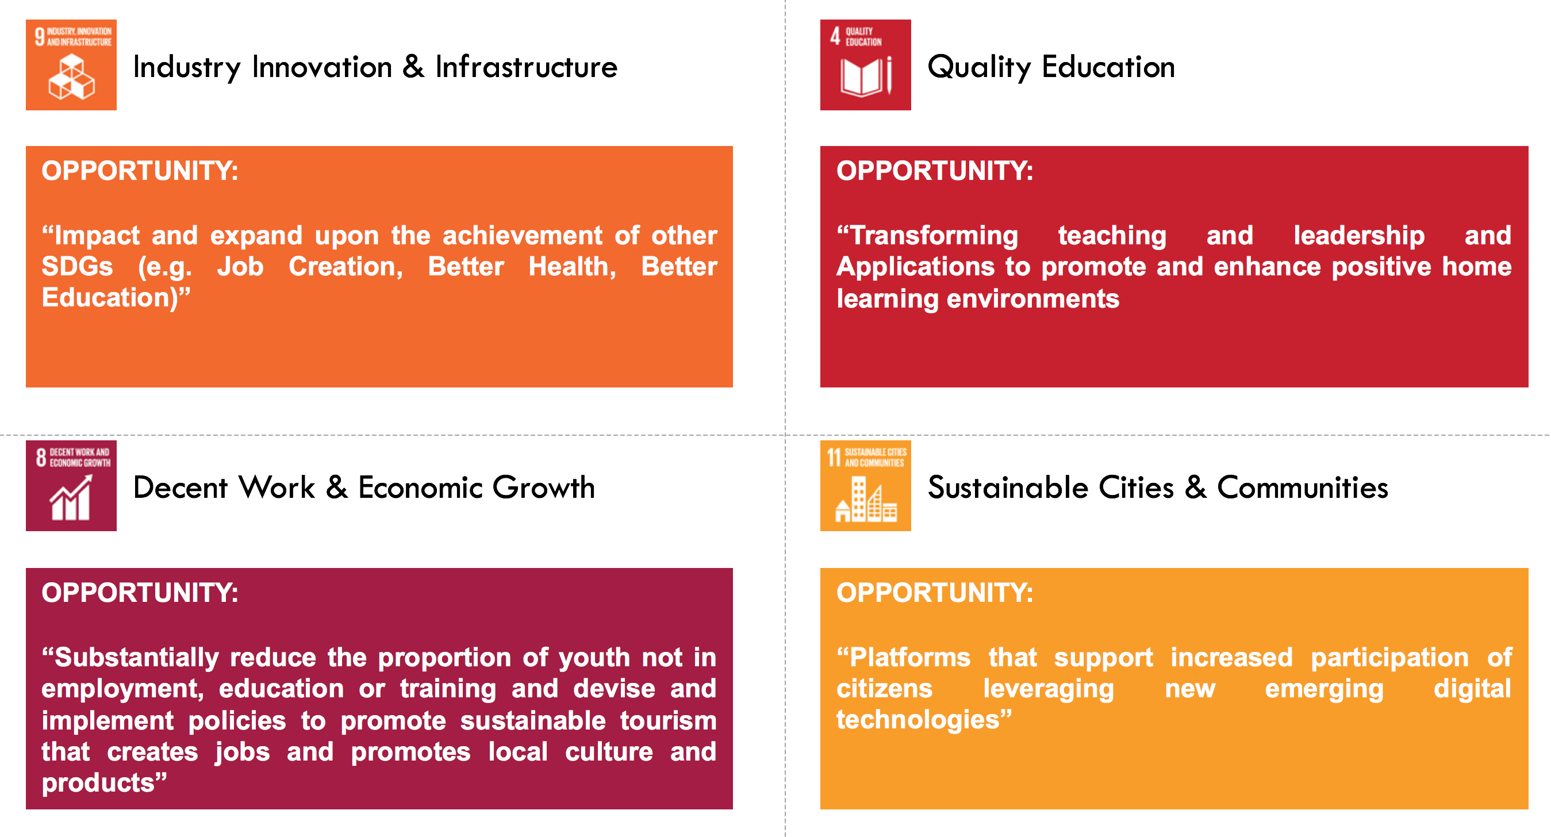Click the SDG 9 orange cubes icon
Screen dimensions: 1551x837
(71, 64)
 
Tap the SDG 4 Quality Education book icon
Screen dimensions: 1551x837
(865, 64)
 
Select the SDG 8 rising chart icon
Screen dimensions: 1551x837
(71, 485)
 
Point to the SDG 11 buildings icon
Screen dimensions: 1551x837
(865, 485)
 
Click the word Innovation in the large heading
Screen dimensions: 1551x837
(322, 67)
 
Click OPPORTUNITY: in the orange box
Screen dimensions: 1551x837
(140, 171)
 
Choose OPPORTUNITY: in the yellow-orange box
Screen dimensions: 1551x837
(935, 593)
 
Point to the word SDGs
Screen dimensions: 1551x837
(77, 267)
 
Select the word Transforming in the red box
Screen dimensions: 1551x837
(927, 236)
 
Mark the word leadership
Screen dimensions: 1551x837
(1359, 236)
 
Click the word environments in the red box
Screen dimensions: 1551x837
(1032, 300)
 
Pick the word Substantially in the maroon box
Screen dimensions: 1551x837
(130, 658)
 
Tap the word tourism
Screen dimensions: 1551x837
(668, 721)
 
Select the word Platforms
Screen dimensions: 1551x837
(903, 658)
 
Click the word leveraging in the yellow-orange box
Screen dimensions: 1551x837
(1048, 689)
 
